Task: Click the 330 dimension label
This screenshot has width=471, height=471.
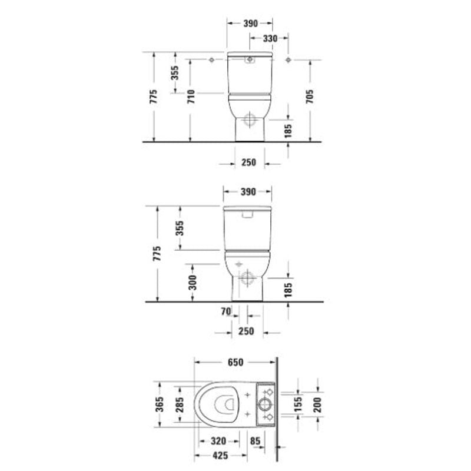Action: tap(270, 38)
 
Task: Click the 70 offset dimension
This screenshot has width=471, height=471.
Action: tap(225, 312)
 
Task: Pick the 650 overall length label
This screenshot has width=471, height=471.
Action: tap(235, 363)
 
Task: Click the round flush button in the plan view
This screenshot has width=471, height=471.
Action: tap(264, 404)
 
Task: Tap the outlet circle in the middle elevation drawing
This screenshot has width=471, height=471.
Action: tap(247, 278)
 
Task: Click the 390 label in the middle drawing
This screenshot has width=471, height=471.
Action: tap(248, 192)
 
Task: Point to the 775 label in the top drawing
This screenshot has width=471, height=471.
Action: tap(154, 97)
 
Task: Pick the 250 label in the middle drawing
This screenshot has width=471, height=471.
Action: tap(246, 331)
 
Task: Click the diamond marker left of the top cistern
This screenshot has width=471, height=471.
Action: tap(211, 61)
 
